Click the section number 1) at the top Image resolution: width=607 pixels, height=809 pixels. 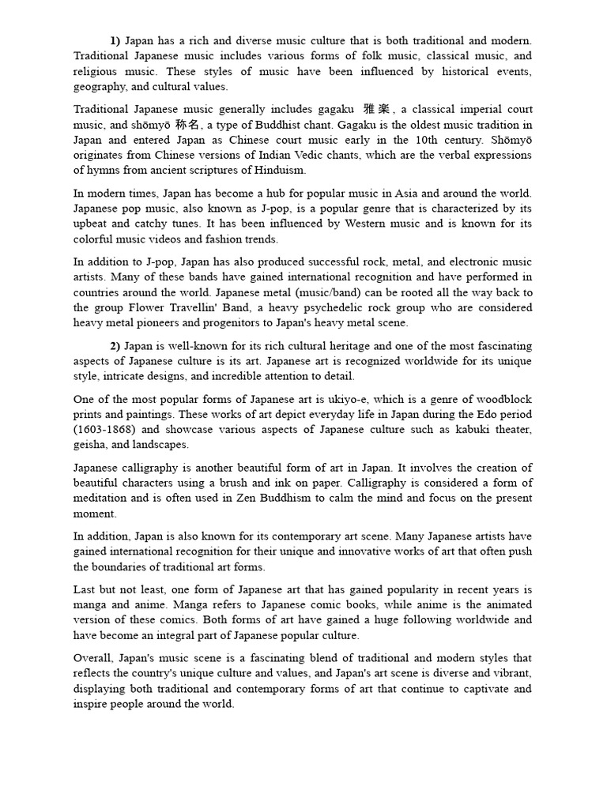pos(115,40)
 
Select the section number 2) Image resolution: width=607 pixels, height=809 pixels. pos(115,346)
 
